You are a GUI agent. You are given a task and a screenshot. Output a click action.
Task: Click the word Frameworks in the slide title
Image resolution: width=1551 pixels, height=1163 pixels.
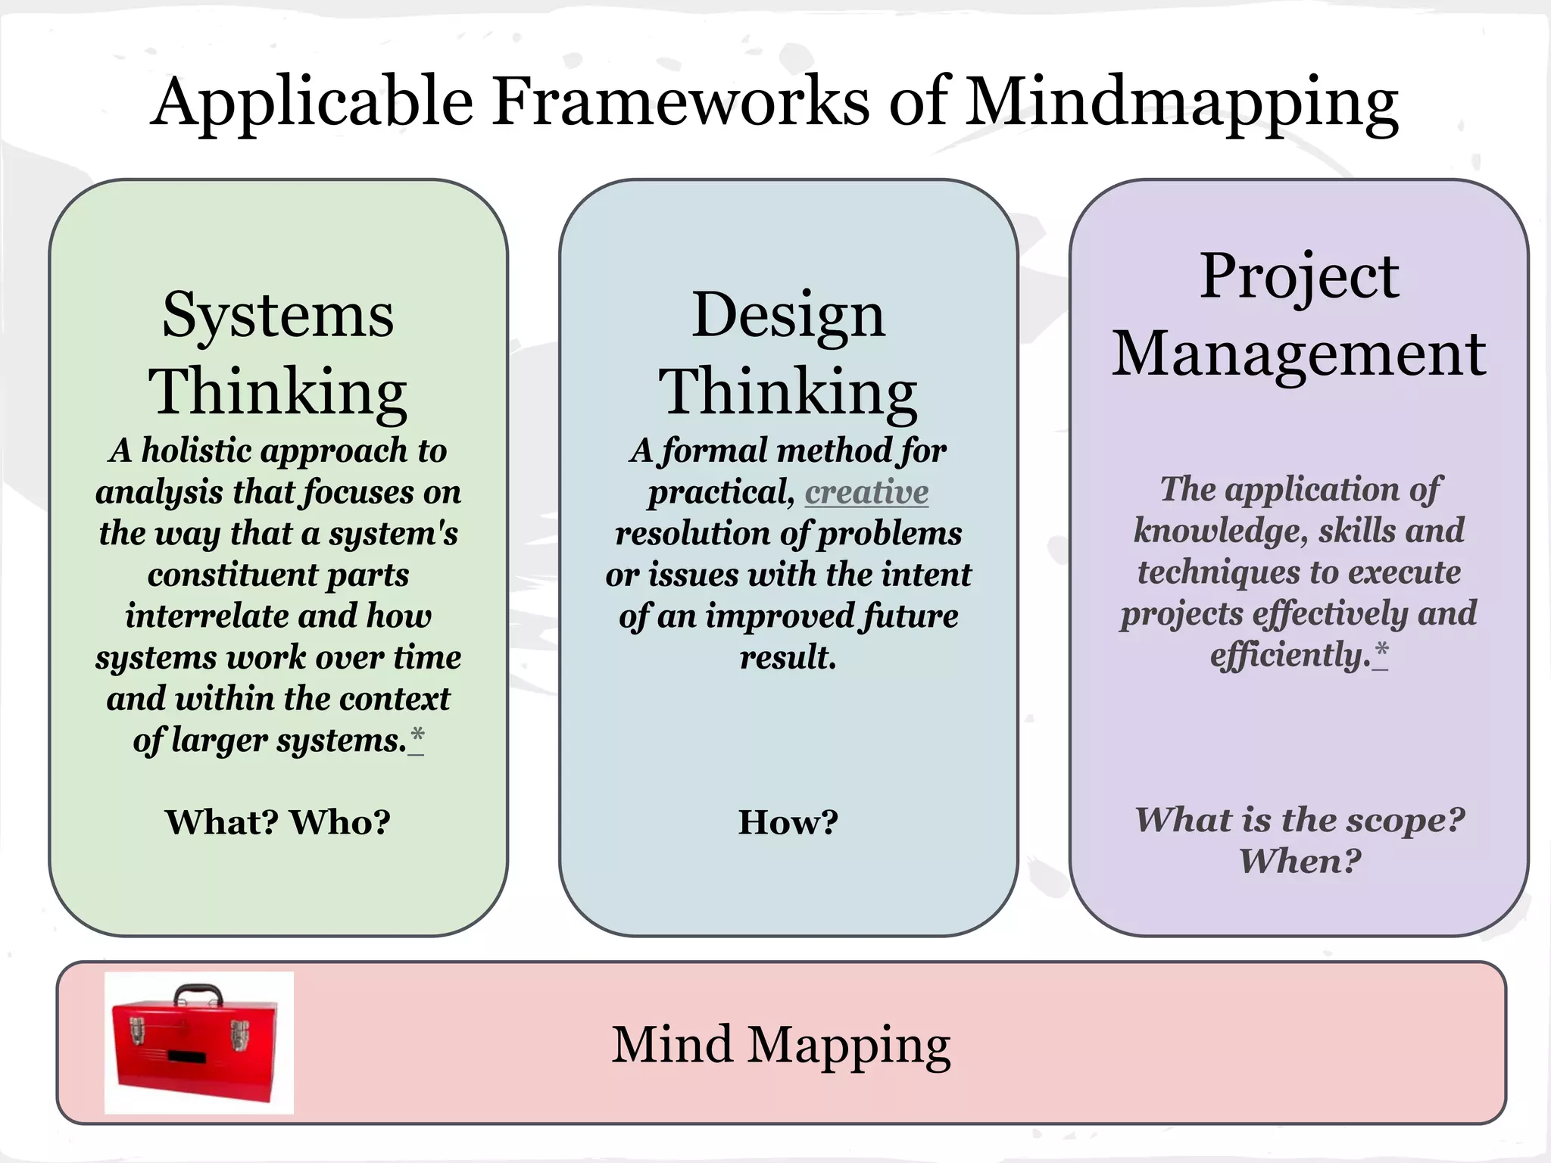tap(682, 102)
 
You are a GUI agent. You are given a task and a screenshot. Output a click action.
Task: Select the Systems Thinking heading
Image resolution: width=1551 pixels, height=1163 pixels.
tap(278, 353)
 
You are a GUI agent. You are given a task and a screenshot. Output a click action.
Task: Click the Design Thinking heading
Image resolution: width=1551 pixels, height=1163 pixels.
tap(788, 353)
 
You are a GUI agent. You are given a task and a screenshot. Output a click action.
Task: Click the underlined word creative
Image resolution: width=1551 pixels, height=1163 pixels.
tap(866, 492)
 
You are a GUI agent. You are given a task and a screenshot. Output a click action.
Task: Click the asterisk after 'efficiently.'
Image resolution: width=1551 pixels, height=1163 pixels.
tap(1381, 652)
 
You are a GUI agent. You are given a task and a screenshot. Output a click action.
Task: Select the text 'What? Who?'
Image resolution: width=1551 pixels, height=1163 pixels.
tap(278, 822)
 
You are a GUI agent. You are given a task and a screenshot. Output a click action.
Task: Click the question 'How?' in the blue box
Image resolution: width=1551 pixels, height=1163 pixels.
tap(788, 822)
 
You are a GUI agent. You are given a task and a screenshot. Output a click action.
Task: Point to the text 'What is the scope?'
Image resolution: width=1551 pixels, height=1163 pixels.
tap(1299, 820)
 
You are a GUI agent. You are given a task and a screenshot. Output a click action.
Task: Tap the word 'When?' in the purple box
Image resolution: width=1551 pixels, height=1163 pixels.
tap(1300, 861)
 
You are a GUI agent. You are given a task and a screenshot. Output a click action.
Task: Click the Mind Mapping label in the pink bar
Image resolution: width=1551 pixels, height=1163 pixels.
tap(781, 1045)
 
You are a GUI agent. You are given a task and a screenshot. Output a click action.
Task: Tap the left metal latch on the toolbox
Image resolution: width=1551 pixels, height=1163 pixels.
tap(137, 1031)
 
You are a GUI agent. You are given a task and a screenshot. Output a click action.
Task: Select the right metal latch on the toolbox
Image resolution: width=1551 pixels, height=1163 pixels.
tap(239, 1034)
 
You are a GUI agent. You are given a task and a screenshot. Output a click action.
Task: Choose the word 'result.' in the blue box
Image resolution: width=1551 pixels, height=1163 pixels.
tap(788, 657)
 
